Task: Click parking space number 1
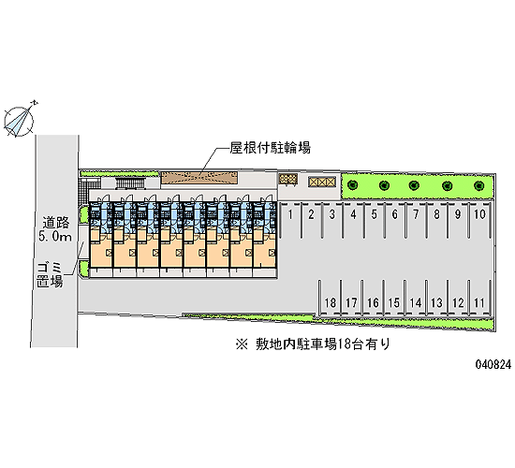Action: point(290,221)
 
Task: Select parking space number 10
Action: point(479,221)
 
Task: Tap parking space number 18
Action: point(331,297)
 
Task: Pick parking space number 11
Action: point(479,297)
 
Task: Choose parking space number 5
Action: point(375,221)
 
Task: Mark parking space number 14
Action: point(415,297)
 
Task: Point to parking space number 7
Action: point(416,221)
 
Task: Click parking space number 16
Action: point(373,297)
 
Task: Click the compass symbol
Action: point(19,121)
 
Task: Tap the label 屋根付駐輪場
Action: point(270,148)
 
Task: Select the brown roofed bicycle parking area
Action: point(199,177)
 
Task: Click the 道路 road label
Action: point(56,223)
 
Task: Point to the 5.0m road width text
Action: point(55,236)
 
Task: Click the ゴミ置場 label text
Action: point(50,275)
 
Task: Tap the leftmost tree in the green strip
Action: point(353,185)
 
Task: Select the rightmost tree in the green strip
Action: point(479,186)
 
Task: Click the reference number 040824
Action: point(493,364)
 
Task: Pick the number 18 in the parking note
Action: point(345,344)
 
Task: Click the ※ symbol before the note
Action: point(242,344)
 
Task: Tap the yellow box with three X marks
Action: point(322,182)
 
